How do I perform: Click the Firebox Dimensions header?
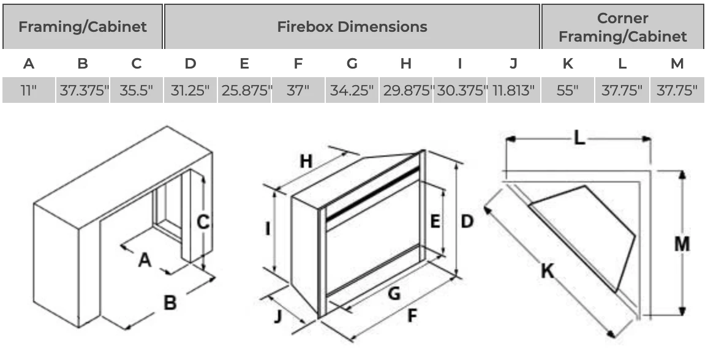(352, 27)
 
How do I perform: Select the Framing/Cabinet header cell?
(82, 27)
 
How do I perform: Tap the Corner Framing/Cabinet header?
(622, 27)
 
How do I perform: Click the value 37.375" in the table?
(84, 91)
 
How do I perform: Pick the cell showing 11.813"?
(513, 91)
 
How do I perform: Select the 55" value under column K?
(568, 91)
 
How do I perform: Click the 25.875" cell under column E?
(245, 91)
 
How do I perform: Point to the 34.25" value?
(352, 91)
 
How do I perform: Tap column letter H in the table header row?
(405, 64)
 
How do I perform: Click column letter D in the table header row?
(190, 64)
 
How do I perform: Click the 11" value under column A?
(29, 91)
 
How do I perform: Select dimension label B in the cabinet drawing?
(170, 302)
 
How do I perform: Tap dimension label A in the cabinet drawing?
(145, 260)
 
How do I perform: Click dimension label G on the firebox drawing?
(394, 294)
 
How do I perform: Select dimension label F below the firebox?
(412, 316)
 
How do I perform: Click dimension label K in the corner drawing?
(547, 270)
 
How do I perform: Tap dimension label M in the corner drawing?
(682, 243)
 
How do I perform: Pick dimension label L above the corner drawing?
(579, 138)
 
